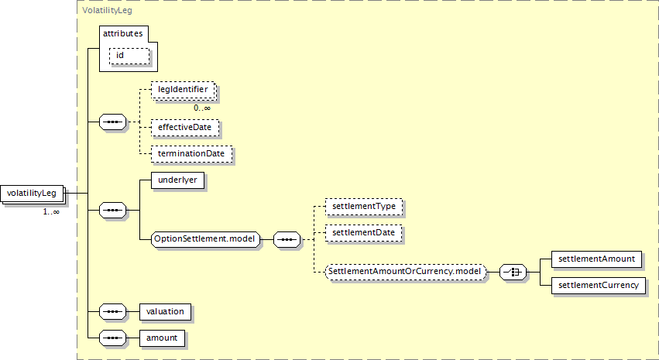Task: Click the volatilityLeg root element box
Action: (33, 192)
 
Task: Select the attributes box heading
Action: (123, 35)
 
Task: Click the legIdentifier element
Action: (183, 91)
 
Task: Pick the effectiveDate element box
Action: (185, 126)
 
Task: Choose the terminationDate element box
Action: (190, 153)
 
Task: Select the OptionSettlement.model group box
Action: (205, 238)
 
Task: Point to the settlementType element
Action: (363, 207)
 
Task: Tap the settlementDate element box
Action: (363, 231)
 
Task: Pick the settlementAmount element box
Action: (596, 259)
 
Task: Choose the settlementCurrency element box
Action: (598, 286)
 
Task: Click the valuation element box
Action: (165, 311)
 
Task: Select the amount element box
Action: (162, 338)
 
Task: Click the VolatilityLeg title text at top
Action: (105, 11)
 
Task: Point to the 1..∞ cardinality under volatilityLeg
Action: (51, 211)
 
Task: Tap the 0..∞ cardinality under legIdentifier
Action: (202, 108)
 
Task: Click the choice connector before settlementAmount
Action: (513, 272)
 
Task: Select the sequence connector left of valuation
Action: (114, 311)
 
